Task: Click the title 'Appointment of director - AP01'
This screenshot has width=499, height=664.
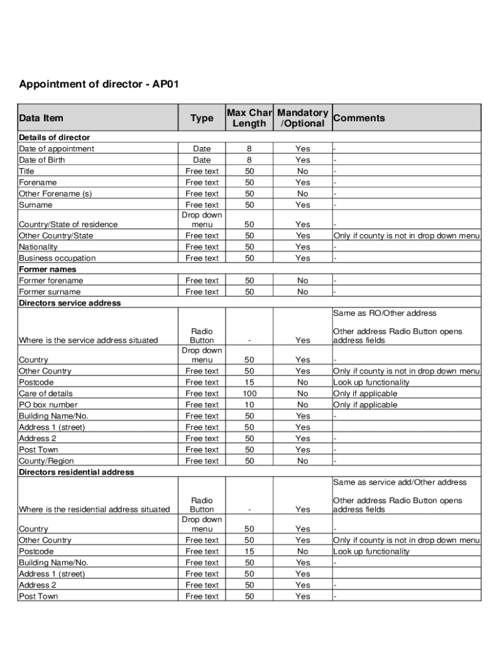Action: pos(99,85)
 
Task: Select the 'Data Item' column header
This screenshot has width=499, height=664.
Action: pos(41,118)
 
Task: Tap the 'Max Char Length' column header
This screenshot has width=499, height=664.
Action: pos(249,118)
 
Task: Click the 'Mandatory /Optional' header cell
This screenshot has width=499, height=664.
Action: pos(303,118)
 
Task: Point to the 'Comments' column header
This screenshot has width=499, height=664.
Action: pos(359,118)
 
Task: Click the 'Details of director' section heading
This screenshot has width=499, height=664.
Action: pos(54,137)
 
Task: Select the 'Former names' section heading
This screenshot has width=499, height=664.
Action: pos(47,269)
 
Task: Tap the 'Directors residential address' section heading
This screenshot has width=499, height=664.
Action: pos(76,472)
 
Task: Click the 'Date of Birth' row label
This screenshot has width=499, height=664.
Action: pos(42,160)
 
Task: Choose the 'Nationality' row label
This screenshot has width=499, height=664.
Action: pos(38,247)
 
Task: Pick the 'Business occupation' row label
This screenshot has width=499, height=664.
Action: pos(57,258)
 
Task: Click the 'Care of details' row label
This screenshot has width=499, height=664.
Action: pos(46,394)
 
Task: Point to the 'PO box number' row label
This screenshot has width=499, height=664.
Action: pos(49,405)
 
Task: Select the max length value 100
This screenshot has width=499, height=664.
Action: pos(249,394)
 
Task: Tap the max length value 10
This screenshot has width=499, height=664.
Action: pos(249,405)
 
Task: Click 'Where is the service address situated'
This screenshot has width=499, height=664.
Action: pos(88,340)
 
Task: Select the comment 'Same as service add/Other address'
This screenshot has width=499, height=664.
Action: pos(400,482)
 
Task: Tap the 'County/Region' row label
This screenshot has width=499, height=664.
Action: pos(46,461)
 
